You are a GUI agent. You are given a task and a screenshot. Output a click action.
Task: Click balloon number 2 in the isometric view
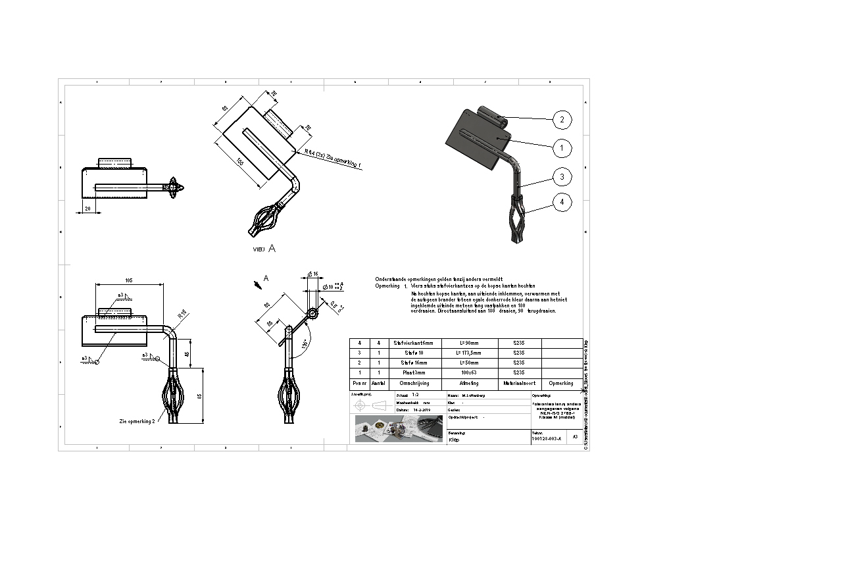pyautogui.click(x=561, y=120)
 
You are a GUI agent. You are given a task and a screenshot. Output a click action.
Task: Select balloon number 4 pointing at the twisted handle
pyautogui.click(x=561, y=202)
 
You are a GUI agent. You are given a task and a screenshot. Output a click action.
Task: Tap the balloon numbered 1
pyautogui.click(x=561, y=149)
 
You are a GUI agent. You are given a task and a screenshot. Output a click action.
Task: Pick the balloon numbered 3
pyautogui.click(x=561, y=176)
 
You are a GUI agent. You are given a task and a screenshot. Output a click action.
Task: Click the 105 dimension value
pyautogui.click(x=129, y=281)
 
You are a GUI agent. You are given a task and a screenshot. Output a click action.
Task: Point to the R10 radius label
pyautogui.click(x=182, y=315)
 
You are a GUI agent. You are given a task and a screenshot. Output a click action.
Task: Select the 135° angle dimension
pyautogui.click(x=305, y=344)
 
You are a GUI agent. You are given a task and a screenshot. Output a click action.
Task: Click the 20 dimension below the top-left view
pyautogui.click(x=87, y=209)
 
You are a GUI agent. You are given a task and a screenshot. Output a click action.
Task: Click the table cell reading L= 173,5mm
pyautogui.click(x=469, y=353)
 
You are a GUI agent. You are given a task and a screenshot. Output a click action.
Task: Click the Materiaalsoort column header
pyautogui.click(x=519, y=383)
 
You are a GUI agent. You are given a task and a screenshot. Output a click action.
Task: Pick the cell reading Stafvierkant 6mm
pyautogui.click(x=412, y=343)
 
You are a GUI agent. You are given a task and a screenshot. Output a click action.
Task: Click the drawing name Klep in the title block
pyautogui.click(x=454, y=440)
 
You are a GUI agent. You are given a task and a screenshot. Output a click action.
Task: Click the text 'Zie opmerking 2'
pyautogui.click(x=137, y=420)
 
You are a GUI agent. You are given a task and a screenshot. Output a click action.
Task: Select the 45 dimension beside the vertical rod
pyautogui.click(x=188, y=354)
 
